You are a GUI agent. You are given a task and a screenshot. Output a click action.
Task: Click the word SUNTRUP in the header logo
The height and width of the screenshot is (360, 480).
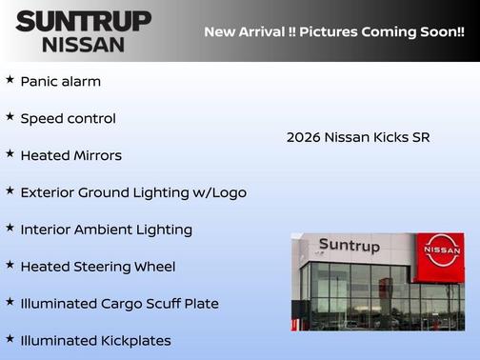point(84,21)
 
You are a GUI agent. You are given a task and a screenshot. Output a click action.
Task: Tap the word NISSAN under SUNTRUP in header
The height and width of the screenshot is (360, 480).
point(84,44)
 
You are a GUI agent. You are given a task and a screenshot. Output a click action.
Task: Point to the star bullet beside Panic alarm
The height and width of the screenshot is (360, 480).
point(10,80)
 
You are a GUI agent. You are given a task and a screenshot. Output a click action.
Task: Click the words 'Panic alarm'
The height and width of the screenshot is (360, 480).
point(60,82)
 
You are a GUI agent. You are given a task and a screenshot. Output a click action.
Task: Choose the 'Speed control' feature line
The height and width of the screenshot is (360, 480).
point(68,119)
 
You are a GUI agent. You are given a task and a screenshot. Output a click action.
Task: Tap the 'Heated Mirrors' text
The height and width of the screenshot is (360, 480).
point(70,155)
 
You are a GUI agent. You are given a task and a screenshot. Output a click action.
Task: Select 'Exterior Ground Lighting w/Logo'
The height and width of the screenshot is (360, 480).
point(133,192)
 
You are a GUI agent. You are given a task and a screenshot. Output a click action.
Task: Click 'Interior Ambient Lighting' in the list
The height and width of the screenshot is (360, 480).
point(106,230)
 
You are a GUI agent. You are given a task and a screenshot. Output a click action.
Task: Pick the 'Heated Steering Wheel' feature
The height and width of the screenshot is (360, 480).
point(97,267)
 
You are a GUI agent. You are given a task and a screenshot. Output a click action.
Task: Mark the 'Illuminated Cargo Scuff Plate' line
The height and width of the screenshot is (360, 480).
point(119,304)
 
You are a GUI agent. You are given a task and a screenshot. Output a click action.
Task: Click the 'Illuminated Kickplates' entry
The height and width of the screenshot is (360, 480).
point(95,340)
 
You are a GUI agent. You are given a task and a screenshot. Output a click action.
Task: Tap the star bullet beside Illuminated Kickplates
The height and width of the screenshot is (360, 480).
point(10,338)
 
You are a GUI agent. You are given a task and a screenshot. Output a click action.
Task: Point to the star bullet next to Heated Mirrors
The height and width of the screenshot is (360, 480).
point(10,153)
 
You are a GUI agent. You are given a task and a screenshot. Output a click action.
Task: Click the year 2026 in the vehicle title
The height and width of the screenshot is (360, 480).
point(303,137)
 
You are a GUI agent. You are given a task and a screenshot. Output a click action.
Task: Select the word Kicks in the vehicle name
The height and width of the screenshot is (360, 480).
point(390,137)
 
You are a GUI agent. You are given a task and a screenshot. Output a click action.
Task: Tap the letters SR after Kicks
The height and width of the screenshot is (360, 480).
point(420,137)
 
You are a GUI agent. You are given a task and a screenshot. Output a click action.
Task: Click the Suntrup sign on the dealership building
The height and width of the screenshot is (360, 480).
point(349,246)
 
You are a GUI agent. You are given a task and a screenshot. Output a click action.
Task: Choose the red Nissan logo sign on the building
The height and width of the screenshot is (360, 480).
point(441,250)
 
